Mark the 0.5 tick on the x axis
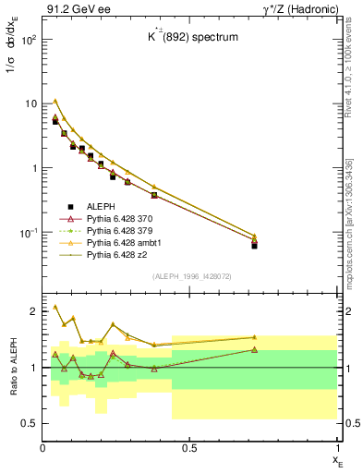(189, 448)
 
